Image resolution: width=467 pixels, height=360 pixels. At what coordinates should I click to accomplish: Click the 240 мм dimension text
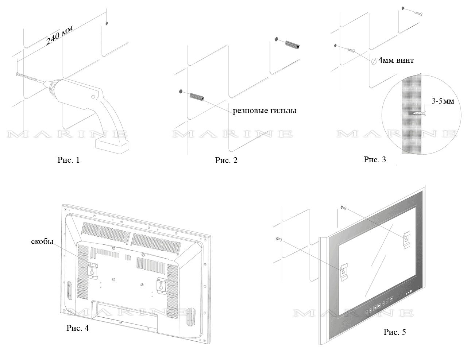pos(59,35)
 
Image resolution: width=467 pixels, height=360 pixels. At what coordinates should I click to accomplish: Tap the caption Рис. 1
pos(68,160)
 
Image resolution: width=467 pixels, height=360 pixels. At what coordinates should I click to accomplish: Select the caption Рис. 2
pos(226,160)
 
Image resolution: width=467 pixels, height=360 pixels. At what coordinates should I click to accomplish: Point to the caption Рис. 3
pos(375,159)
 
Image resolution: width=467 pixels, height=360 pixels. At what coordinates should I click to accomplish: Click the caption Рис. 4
pos(77,328)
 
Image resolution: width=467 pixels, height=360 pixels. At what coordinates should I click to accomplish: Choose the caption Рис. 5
pos(394,332)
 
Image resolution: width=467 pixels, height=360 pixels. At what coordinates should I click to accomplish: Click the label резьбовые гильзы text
pos(265,111)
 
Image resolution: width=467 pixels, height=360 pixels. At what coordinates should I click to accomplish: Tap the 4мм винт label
pos(396,60)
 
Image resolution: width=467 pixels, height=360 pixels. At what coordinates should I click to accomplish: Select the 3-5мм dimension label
pos(443,101)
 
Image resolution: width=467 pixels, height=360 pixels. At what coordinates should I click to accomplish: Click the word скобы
pos(42,241)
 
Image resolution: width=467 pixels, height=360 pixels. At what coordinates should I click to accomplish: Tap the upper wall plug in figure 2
pos(292,44)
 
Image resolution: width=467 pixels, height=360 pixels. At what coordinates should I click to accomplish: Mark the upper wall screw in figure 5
pos(343,208)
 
